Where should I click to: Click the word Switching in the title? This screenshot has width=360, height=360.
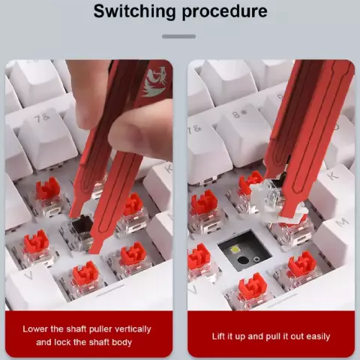(134, 11)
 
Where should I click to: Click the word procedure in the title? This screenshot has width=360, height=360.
(225, 12)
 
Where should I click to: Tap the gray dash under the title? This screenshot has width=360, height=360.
(178, 37)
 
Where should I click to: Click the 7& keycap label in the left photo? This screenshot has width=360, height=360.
(42, 118)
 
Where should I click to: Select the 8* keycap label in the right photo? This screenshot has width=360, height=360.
(239, 114)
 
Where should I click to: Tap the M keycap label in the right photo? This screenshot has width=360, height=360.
(342, 222)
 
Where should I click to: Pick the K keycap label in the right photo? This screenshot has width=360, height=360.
(333, 175)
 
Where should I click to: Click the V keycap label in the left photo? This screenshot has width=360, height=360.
(28, 275)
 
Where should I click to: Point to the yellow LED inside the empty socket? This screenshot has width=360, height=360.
(235, 250)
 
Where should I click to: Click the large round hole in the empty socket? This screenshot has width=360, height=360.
(243, 260)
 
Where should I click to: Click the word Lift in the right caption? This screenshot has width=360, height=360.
(218, 336)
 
